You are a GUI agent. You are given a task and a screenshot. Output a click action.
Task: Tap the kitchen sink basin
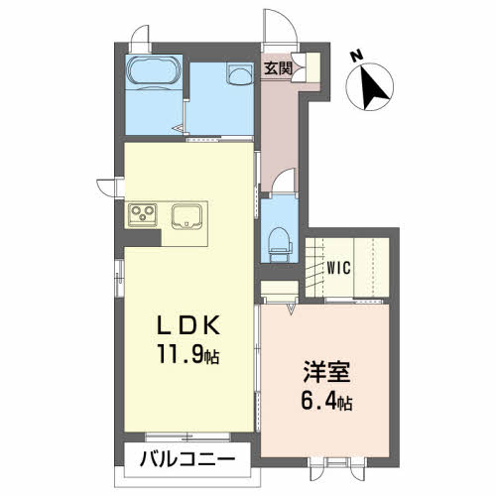186,216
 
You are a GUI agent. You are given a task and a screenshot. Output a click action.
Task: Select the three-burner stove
142,214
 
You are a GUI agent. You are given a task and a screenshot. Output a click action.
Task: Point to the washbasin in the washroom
238,76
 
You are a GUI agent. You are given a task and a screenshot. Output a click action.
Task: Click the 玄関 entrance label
277,68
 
